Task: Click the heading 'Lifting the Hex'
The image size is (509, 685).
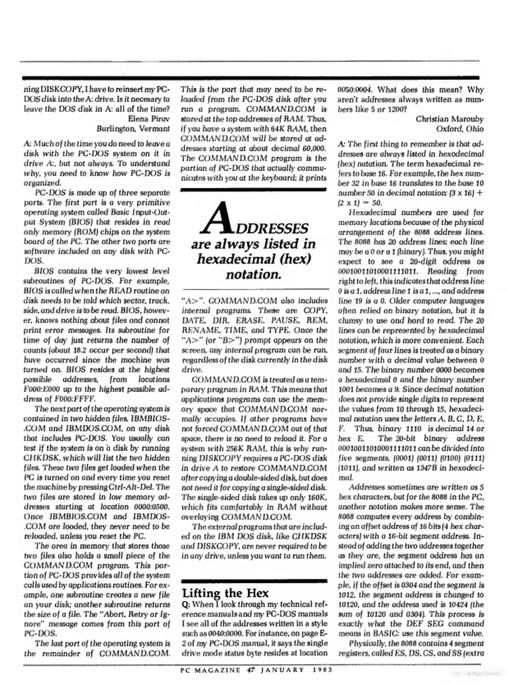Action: [225, 593]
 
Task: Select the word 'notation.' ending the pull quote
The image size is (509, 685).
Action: [254, 274]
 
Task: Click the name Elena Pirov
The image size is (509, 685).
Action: [148, 119]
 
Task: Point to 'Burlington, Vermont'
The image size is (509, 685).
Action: [133, 129]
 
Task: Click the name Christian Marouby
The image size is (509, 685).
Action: [450, 119]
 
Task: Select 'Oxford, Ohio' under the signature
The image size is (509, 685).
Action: [460, 129]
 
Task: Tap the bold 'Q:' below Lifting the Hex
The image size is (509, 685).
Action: [186, 604]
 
